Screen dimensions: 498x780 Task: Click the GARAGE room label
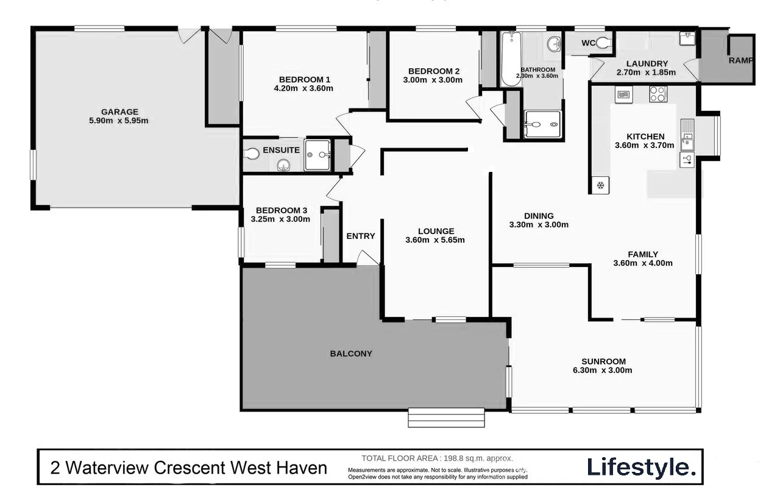click(119, 112)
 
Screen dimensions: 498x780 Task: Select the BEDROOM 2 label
click(433, 71)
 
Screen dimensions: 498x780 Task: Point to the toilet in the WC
click(603, 43)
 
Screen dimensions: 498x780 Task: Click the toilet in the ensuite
click(252, 154)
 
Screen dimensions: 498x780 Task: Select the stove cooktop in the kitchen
click(658, 94)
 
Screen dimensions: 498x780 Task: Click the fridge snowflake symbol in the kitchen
click(600, 185)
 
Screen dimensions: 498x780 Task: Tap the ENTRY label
click(361, 237)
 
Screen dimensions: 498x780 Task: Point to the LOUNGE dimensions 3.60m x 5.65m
click(435, 240)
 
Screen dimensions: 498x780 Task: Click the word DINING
click(539, 216)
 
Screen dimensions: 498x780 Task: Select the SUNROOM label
click(603, 361)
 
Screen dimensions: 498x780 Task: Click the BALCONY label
click(351, 354)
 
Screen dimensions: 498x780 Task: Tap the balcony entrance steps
click(446, 418)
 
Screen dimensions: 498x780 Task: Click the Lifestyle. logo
click(641, 468)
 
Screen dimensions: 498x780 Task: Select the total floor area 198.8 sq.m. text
click(437, 458)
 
